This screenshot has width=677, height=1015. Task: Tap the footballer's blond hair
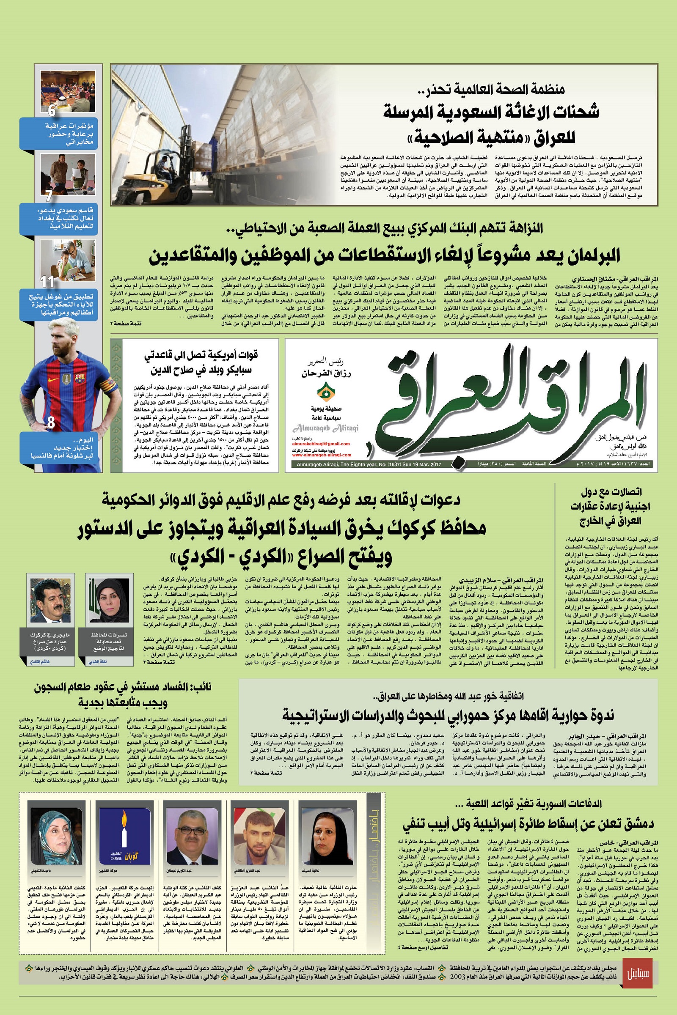click(x=69, y=332)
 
